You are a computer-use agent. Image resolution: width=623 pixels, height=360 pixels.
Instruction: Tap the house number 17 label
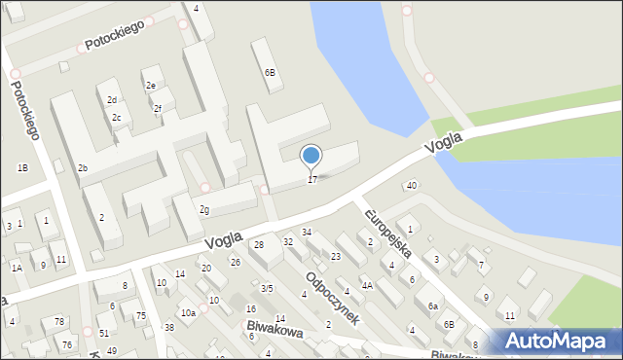coord(311,180)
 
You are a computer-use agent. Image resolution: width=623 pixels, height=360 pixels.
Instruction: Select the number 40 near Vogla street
coord(412,186)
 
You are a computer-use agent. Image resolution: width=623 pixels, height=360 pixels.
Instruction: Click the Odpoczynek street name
coord(333,297)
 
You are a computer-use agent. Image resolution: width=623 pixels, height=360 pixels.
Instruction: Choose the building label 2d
coord(112,100)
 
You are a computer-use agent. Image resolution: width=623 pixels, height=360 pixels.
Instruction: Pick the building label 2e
coord(151,86)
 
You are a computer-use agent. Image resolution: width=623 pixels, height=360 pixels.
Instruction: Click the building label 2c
coord(116,119)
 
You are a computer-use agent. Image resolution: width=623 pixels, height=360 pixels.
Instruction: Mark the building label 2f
coord(158,108)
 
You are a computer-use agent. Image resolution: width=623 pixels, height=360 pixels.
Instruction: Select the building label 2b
coord(83,168)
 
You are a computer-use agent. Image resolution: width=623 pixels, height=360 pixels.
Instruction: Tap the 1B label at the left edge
coord(22,168)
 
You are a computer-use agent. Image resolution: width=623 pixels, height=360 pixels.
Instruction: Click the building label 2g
coord(203,209)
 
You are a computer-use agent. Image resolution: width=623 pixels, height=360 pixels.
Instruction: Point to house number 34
coord(306,232)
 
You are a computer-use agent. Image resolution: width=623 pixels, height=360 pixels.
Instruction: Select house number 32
coord(288,241)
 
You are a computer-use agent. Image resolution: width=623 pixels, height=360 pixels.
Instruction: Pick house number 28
coord(259,244)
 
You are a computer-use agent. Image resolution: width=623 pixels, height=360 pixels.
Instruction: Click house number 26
coord(235,262)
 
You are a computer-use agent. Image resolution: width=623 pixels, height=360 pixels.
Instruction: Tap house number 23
coord(335,256)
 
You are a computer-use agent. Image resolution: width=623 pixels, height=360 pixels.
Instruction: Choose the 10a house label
coord(188,312)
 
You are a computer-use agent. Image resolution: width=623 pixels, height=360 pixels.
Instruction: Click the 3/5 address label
coord(267,288)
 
